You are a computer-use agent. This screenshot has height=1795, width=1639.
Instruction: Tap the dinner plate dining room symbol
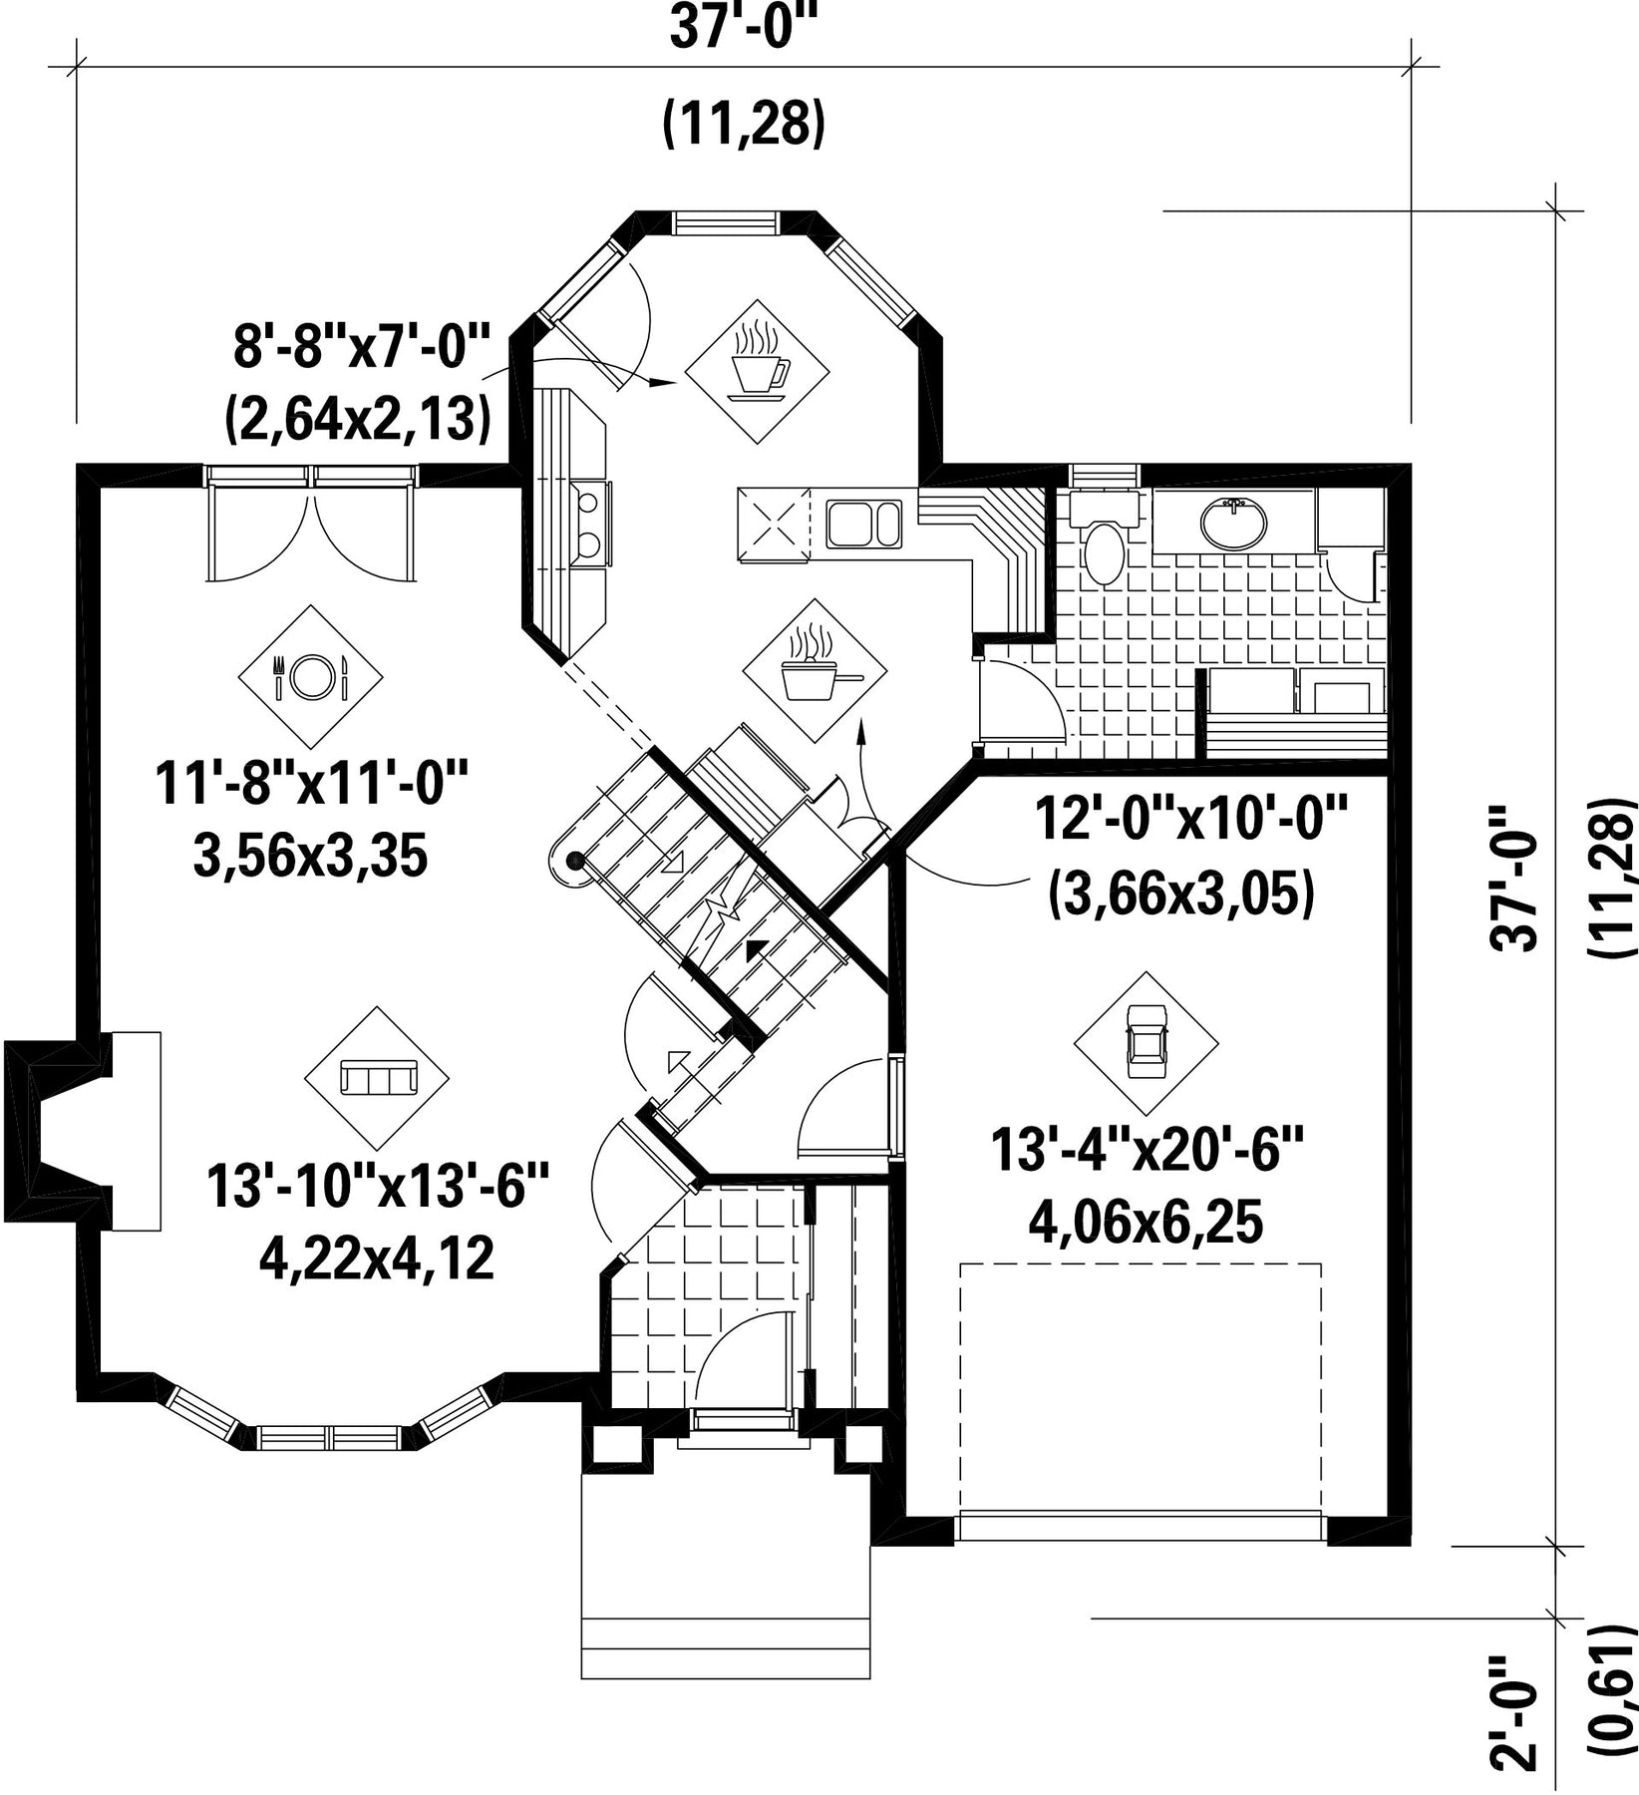[310, 677]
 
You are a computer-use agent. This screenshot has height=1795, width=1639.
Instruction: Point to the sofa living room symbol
[377, 1079]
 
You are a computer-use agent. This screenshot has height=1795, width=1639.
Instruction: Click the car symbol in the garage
[1146, 1043]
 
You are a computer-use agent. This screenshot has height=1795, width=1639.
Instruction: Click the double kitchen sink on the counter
[863, 524]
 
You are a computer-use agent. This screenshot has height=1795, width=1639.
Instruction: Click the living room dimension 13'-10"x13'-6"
[378, 1188]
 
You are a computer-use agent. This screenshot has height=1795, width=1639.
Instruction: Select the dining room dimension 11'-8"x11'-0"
[311, 785]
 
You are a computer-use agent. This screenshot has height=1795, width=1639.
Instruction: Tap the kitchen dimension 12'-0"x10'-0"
[1190, 820]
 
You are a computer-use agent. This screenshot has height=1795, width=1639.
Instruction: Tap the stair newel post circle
[574, 859]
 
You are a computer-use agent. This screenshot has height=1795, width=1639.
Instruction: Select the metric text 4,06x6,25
[1146, 1223]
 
